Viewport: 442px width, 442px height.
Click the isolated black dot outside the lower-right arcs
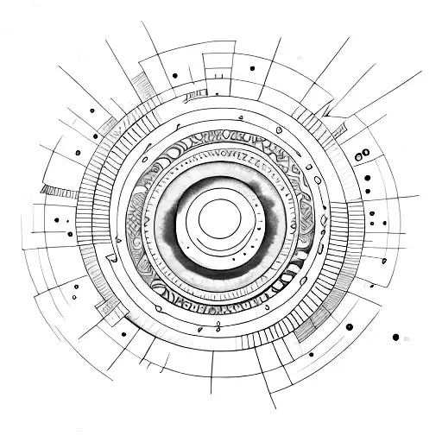(x=395, y=337)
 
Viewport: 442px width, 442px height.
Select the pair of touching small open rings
(x=364, y=154)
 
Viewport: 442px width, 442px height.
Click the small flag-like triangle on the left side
(x=110, y=257)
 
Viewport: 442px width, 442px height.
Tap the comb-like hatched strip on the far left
(x=59, y=191)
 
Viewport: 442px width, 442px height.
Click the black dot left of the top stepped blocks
(x=174, y=75)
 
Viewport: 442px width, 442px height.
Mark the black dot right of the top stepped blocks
(x=251, y=68)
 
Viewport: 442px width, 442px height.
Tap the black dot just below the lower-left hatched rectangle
(x=123, y=333)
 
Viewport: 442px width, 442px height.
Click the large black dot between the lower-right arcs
(x=349, y=326)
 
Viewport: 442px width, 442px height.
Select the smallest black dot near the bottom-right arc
(x=311, y=353)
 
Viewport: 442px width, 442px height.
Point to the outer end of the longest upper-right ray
(x=420, y=73)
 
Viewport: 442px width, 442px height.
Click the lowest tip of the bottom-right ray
(x=275, y=407)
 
